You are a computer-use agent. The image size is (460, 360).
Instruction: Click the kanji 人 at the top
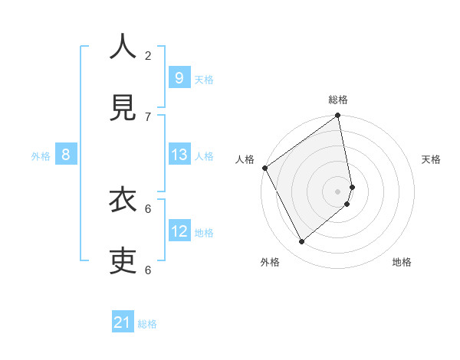123,47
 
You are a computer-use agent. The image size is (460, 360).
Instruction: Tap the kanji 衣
123,201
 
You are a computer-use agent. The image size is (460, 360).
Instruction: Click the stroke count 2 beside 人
148,55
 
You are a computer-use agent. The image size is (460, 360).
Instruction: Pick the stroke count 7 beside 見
148,116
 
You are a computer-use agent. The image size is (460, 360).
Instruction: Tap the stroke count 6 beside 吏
148,270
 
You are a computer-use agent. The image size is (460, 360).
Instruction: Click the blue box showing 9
179,78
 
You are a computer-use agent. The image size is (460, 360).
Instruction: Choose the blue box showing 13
179,155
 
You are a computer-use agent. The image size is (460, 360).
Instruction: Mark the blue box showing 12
179,231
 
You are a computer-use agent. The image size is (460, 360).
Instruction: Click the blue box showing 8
66,155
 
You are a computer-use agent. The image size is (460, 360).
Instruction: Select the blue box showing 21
123,323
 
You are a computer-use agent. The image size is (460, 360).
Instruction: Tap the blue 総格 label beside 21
147,324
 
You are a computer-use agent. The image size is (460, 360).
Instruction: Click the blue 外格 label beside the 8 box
41,155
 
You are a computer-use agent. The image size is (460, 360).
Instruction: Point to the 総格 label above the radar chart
338,100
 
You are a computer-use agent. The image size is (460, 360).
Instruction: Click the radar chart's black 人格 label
245,159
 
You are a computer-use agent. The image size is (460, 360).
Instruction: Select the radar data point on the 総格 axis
338,116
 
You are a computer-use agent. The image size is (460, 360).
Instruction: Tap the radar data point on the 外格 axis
301,241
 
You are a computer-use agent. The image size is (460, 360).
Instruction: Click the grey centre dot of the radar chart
338,190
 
